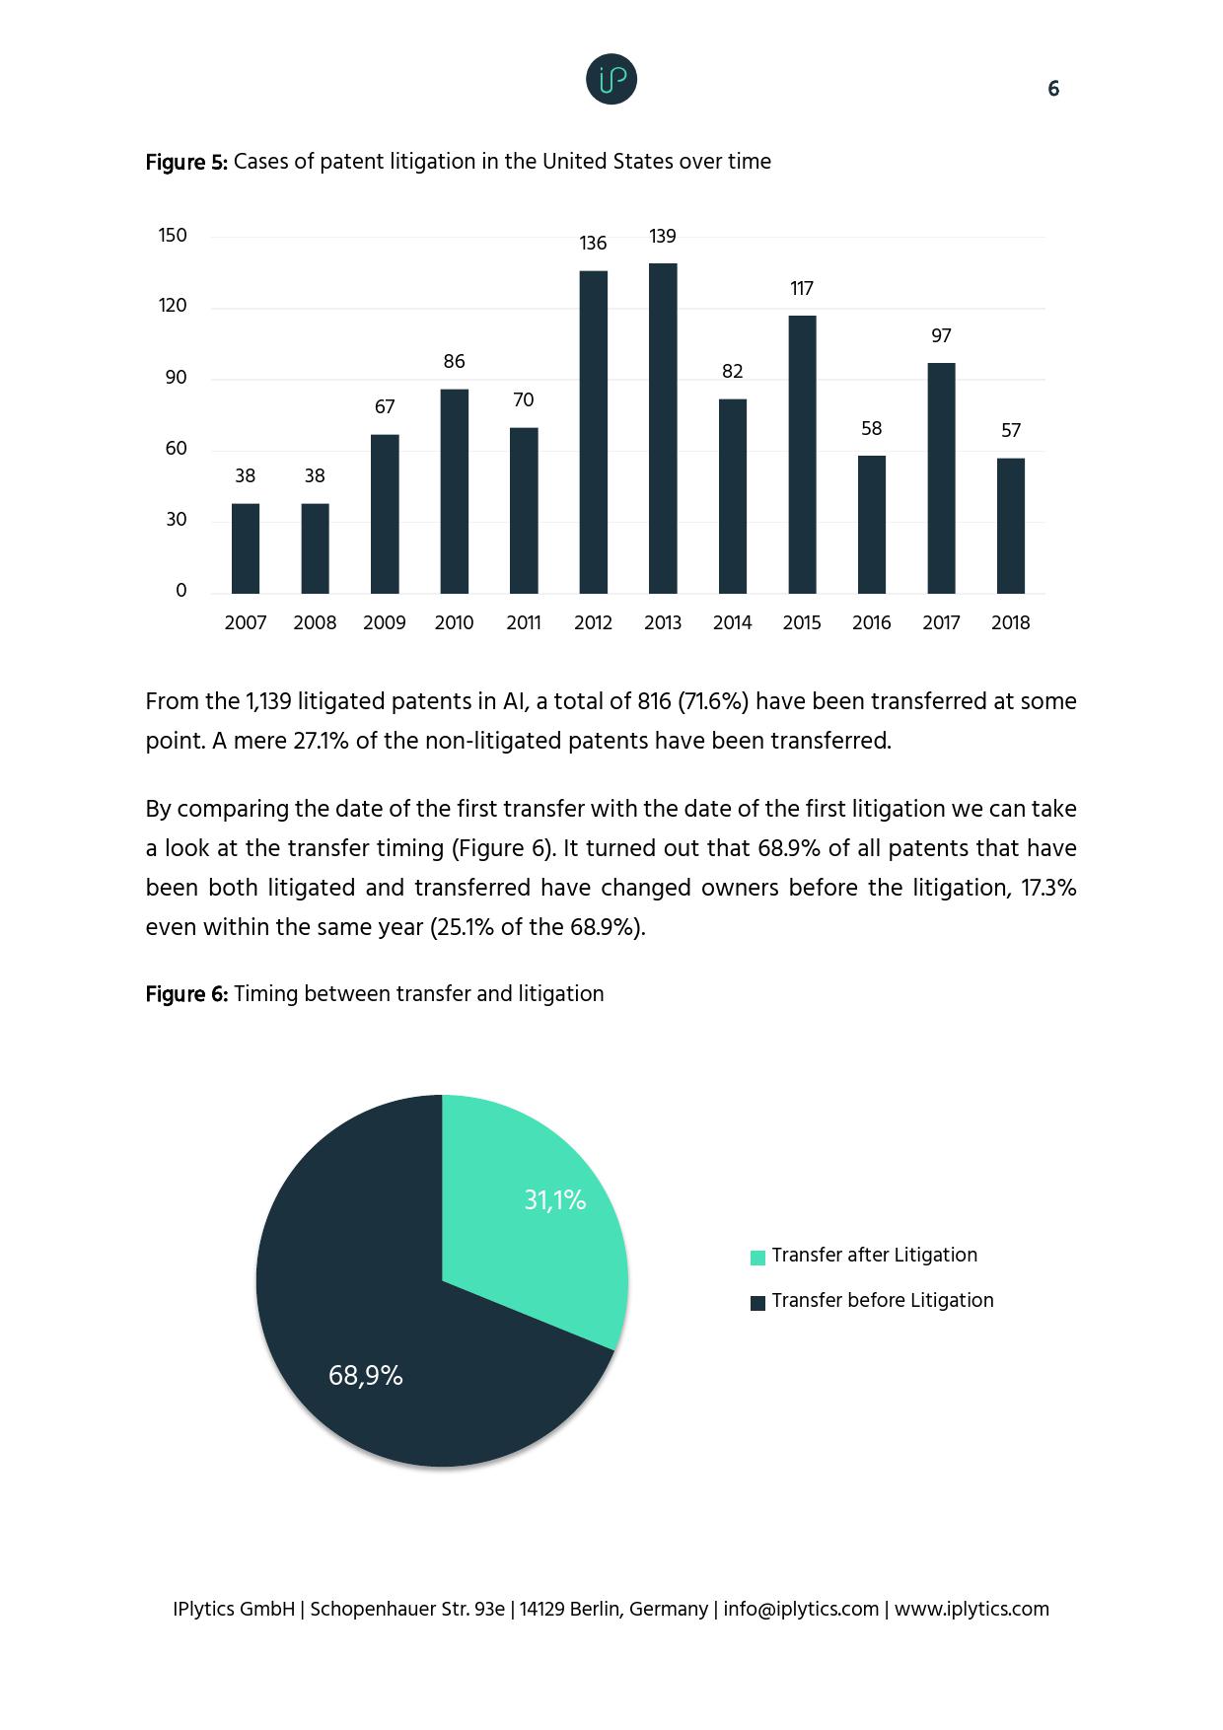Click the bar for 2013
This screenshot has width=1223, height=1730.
663,428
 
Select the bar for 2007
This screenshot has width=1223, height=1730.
246,548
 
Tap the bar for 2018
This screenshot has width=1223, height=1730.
1011,526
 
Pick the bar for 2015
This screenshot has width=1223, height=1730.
802,454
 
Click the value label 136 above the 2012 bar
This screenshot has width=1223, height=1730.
593,244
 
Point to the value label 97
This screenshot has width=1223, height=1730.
941,336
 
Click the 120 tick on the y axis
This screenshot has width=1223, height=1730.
173,307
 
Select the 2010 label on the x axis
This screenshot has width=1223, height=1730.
454,623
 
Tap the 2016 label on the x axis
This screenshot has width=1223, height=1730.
871,623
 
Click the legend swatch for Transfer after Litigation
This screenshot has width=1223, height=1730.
757,1258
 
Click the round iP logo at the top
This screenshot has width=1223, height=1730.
611,80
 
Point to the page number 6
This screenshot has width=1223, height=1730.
1053,90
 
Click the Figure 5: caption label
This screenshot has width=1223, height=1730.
186,163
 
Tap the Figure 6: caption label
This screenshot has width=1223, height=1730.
186,994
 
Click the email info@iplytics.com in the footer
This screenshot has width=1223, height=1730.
801,1609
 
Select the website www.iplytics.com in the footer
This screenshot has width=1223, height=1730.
971,1609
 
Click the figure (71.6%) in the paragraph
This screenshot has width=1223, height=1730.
713,701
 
